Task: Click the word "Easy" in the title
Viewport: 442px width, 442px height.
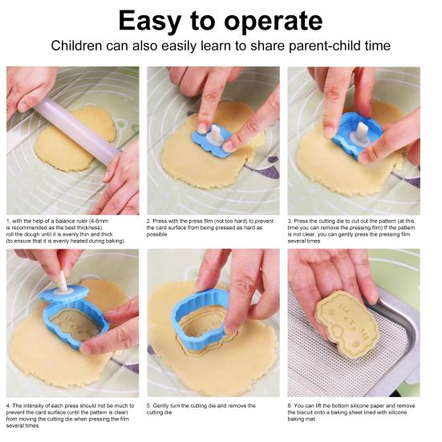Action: [150, 22]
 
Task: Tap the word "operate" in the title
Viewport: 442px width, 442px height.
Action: [274, 22]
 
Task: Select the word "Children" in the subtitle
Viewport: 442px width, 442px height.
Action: [76, 46]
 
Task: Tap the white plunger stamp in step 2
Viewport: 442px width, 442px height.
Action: [215, 135]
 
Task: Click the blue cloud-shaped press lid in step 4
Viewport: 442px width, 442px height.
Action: [63, 293]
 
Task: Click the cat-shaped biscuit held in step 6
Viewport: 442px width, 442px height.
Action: [347, 323]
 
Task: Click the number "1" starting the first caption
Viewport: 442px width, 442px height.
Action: [8, 221]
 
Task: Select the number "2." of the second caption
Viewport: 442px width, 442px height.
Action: [148, 221]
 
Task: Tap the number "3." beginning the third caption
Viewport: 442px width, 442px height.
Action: [290, 221]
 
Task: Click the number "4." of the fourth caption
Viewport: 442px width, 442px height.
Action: [9, 406]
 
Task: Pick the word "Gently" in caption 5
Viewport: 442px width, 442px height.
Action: [160, 406]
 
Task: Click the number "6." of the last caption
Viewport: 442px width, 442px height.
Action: [290, 406]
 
